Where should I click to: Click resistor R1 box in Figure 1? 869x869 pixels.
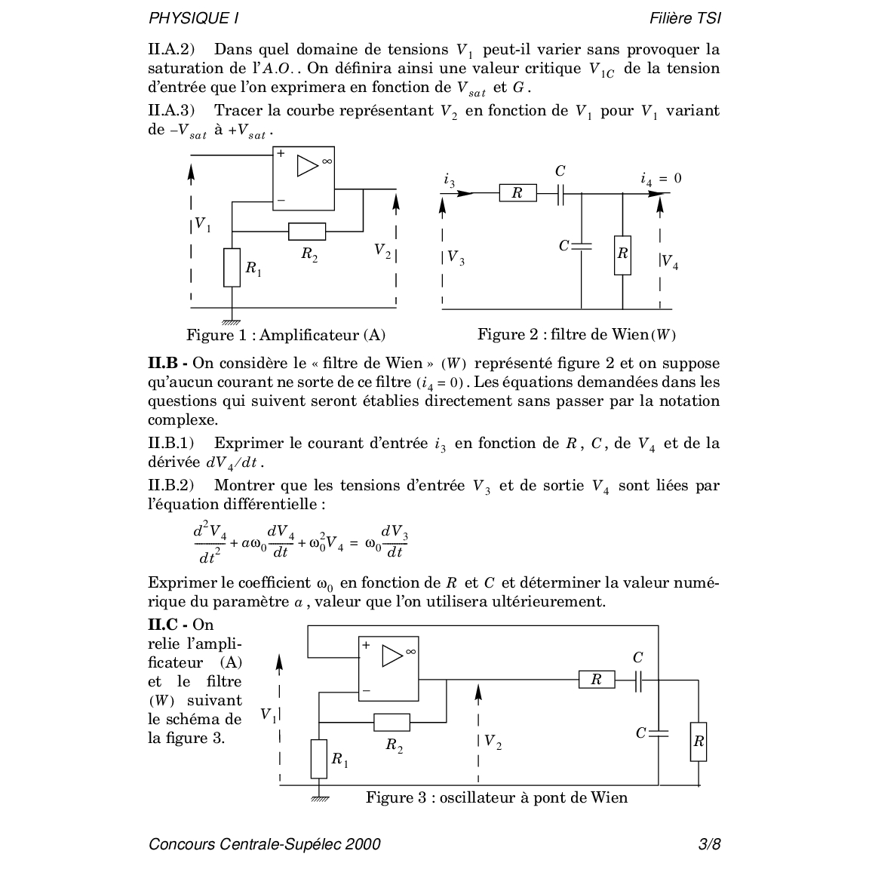[x=232, y=267]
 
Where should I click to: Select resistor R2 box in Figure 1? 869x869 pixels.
[x=307, y=232]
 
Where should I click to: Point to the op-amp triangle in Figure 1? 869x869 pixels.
[x=308, y=166]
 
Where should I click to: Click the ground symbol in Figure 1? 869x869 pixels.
[x=232, y=321]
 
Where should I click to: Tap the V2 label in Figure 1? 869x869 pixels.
[x=382, y=250]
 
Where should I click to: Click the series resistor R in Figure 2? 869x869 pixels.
[x=517, y=193]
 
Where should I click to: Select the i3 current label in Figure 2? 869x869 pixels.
[x=450, y=180]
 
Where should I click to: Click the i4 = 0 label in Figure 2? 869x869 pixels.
[x=661, y=179]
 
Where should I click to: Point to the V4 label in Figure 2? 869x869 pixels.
[x=670, y=262]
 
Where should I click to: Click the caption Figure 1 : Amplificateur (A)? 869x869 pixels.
[x=286, y=335]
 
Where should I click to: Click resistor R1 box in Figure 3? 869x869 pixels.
[x=319, y=758]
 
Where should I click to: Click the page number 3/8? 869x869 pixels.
[x=710, y=844]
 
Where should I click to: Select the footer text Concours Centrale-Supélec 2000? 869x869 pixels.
[x=265, y=844]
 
